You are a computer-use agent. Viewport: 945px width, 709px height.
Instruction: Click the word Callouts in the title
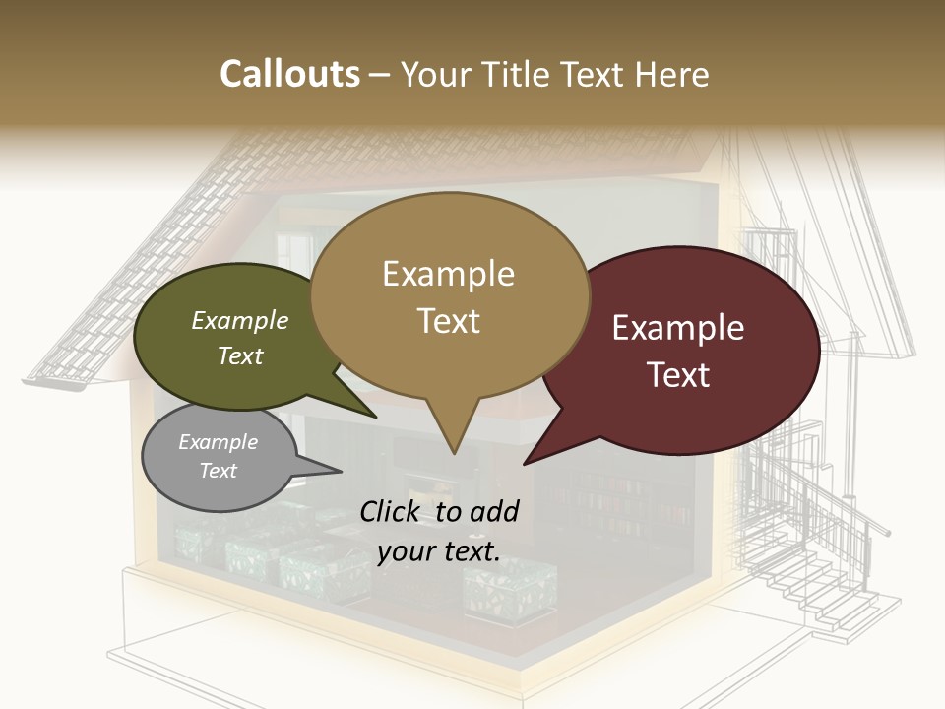(x=289, y=74)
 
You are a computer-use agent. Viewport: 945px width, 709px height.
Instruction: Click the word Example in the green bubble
(x=240, y=321)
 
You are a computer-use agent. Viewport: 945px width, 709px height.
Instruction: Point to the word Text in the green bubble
(x=240, y=355)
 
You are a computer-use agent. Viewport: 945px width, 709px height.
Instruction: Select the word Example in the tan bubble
(x=448, y=274)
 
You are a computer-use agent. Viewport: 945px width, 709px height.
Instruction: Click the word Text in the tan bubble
(x=448, y=321)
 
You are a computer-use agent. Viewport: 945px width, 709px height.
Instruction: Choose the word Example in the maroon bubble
(x=678, y=328)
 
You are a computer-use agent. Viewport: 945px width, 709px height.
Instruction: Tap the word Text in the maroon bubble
(x=678, y=375)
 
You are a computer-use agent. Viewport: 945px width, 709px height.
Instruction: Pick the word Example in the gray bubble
(x=219, y=442)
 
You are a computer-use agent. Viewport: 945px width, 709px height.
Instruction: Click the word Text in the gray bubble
(x=219, y=471)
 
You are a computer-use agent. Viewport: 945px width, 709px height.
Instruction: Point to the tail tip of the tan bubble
(x=453, y=452)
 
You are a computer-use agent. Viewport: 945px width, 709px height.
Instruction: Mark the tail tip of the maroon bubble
(x=526, y=462)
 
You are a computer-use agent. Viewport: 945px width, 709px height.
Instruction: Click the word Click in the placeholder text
(x=391, y=511)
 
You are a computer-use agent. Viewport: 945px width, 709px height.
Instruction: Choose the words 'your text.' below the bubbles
(x=439, y=551)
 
